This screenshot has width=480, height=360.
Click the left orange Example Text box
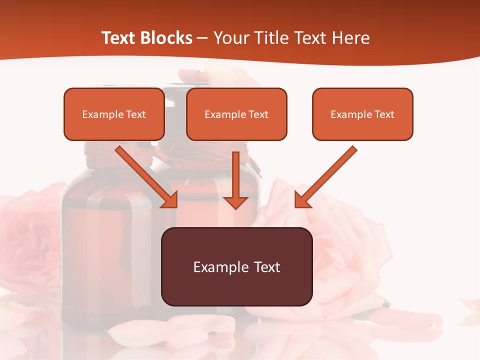114,114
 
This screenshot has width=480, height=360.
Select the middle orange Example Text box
236,114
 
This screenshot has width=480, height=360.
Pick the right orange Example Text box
362,114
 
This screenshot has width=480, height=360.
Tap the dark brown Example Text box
236,266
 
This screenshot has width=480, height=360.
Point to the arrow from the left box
145,175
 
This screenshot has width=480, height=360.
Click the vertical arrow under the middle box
235,177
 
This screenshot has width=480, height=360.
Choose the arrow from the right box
327,175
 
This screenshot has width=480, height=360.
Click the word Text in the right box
384,114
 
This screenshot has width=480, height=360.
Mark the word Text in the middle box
258,114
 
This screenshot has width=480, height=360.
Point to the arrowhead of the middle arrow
235,202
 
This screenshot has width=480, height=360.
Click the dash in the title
202,38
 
